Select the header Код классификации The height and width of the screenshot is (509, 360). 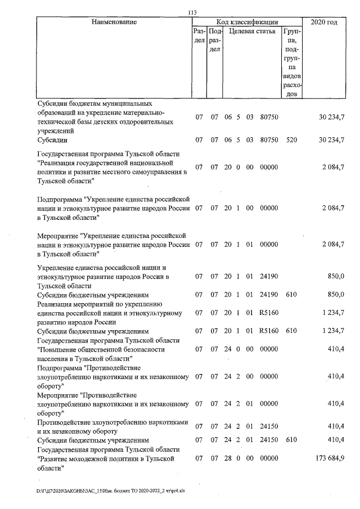tap(246, 22)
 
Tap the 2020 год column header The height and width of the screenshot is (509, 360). tap(324, 22)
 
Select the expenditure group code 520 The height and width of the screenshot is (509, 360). tap(291, 139)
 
